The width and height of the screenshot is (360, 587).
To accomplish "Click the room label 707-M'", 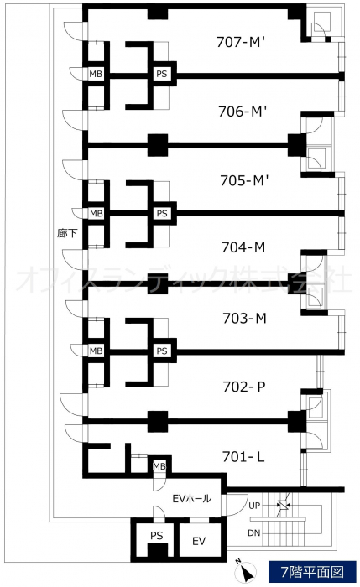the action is [x=241, y=42].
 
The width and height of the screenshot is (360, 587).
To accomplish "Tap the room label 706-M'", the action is [x=242, y=112].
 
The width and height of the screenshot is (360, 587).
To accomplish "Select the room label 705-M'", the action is [x=244, y=180].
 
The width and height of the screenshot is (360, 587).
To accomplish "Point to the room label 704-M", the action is [x=243, y=247].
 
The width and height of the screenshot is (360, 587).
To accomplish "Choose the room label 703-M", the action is [x=244, y=318].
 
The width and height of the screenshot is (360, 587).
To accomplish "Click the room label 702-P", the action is [x=244, y=387].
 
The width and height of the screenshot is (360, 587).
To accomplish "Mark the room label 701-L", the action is [x=243, y=456].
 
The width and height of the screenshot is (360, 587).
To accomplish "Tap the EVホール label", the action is [x=191, y=499].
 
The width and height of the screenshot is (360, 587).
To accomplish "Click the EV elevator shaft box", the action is [x=199, y=541].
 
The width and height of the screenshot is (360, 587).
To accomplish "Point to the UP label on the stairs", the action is [x=254, y=506].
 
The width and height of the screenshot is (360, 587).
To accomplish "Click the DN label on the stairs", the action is [x=253, y=532].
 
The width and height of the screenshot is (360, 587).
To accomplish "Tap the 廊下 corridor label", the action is [x=67, y=233].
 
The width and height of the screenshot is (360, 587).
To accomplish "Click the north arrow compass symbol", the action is [x=245, y=571].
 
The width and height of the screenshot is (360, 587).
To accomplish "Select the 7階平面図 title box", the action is [x=312, y=572].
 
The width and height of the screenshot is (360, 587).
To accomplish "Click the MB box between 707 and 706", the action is [x=96, y=74].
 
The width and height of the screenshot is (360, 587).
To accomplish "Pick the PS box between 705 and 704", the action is [x=162, y=213].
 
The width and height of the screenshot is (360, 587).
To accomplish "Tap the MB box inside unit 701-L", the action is [x=159, y=466].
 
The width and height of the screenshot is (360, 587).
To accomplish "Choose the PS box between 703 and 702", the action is [x=162, y=351].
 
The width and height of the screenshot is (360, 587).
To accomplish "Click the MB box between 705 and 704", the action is [x=96, y=213].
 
